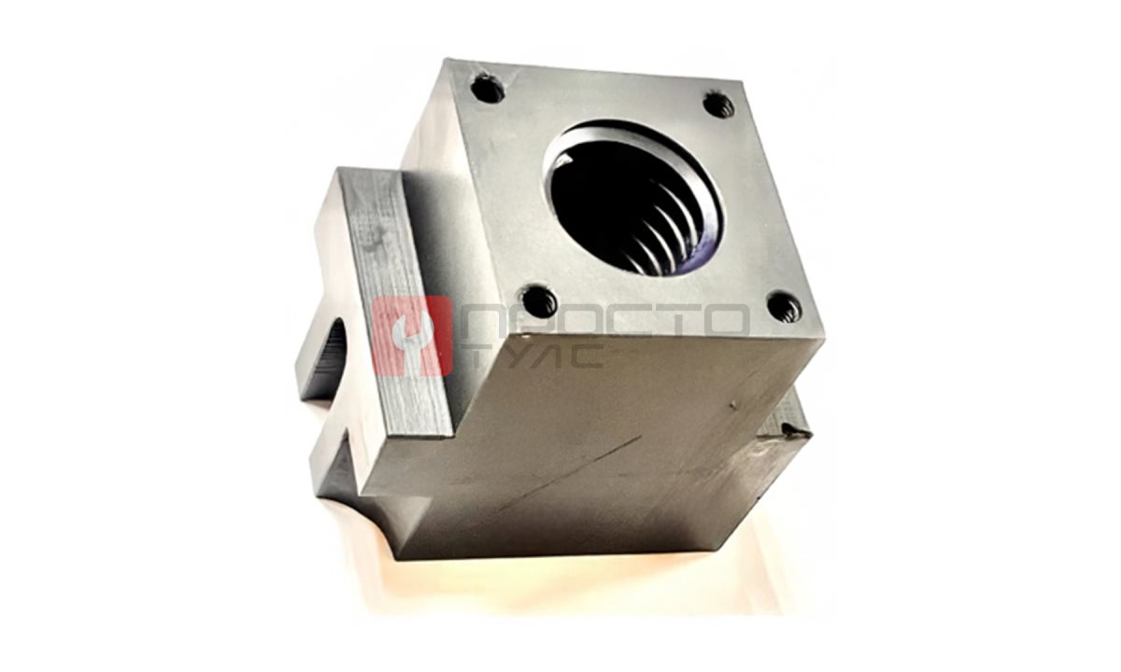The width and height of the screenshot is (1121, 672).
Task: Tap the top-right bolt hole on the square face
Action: [718, 105]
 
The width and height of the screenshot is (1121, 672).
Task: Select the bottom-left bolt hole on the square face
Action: [539, 302]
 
